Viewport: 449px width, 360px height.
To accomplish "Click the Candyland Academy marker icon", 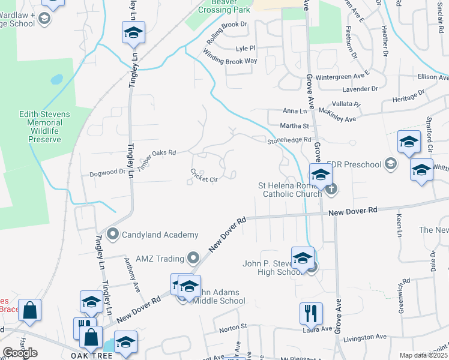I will [112, 234].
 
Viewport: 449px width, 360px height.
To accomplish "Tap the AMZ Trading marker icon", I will [193, 258].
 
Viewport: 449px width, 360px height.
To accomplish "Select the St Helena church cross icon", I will [331, 190].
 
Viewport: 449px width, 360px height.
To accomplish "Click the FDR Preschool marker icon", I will [391, 164].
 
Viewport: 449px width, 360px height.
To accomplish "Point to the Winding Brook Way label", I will [230, 57].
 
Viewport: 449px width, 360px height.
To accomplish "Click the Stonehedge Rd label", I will [289, 140].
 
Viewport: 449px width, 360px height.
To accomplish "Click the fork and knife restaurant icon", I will [311, 314].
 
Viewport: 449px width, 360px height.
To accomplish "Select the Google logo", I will [20, 353].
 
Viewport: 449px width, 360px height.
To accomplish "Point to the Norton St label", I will [233, 328].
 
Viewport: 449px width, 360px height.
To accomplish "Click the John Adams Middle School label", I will [213, 296].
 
